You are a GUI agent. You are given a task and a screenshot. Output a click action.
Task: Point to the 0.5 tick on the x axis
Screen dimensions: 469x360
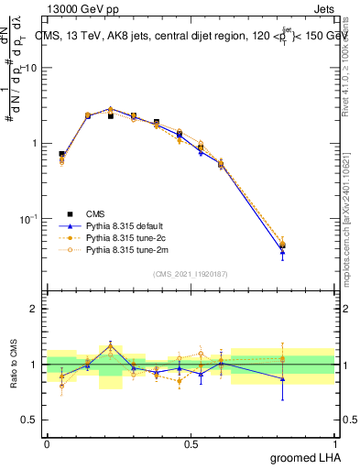click(x=191, y=442)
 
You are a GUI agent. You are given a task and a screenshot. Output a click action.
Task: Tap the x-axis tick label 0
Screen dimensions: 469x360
click(x=47, y=442)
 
